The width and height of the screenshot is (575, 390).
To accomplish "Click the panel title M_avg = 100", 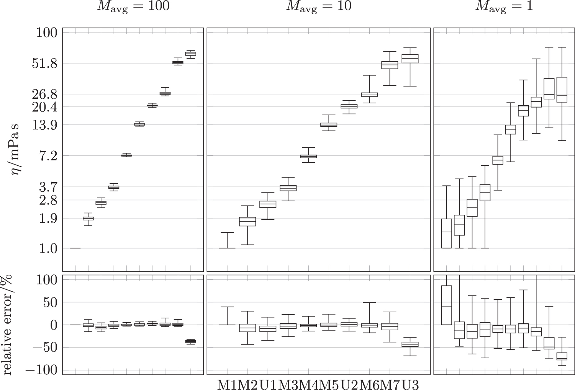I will [x=133, y=7].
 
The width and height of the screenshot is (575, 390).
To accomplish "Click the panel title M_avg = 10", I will [x=318, y=7].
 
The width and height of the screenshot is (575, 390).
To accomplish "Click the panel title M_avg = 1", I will [x=504, y=7].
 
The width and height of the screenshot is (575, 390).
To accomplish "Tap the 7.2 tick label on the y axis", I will [x=48, y=156].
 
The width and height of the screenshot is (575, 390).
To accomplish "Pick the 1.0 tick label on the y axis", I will [x=48, y=249].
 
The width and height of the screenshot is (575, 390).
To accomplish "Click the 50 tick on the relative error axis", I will [x=50, y=303].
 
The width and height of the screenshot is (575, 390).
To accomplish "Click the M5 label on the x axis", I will [x=330, y=384].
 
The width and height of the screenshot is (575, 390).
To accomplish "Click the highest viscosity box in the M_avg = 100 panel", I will [x=190, y=54].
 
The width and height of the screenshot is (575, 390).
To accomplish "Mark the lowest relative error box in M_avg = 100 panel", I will [x=190, y=341].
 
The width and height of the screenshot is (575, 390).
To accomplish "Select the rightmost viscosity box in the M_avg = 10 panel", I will [x=410, y=59].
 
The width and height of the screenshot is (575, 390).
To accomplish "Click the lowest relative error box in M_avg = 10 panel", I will [x=410, y=344].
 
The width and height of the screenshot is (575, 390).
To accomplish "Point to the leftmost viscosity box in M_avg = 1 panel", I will [x=446, y=233].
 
